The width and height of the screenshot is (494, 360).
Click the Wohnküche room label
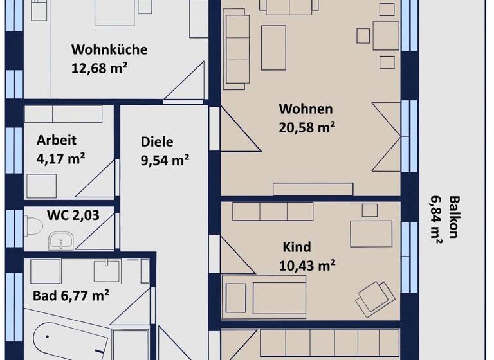point(109,50)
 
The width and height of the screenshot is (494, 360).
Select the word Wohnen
point(306,109)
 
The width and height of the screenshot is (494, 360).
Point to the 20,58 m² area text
point(307,127)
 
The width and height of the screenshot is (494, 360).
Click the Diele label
point(157,143)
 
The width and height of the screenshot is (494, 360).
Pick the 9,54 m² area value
point(165,160)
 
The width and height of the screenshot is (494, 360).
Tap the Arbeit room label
point(57,139)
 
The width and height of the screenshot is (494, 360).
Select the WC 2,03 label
point(73,215)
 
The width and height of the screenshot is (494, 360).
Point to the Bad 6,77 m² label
point(71,296)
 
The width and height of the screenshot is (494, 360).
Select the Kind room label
point(297,247)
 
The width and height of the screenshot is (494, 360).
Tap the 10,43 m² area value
point(307,264)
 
